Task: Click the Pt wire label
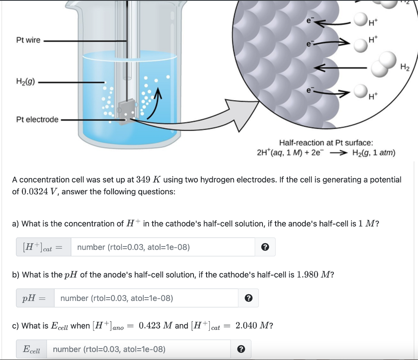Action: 28,40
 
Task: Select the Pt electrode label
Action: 37,120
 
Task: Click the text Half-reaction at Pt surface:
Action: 326,143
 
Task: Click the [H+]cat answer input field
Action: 163,247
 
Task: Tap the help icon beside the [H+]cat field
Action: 265,247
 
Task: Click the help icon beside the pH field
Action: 248,298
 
